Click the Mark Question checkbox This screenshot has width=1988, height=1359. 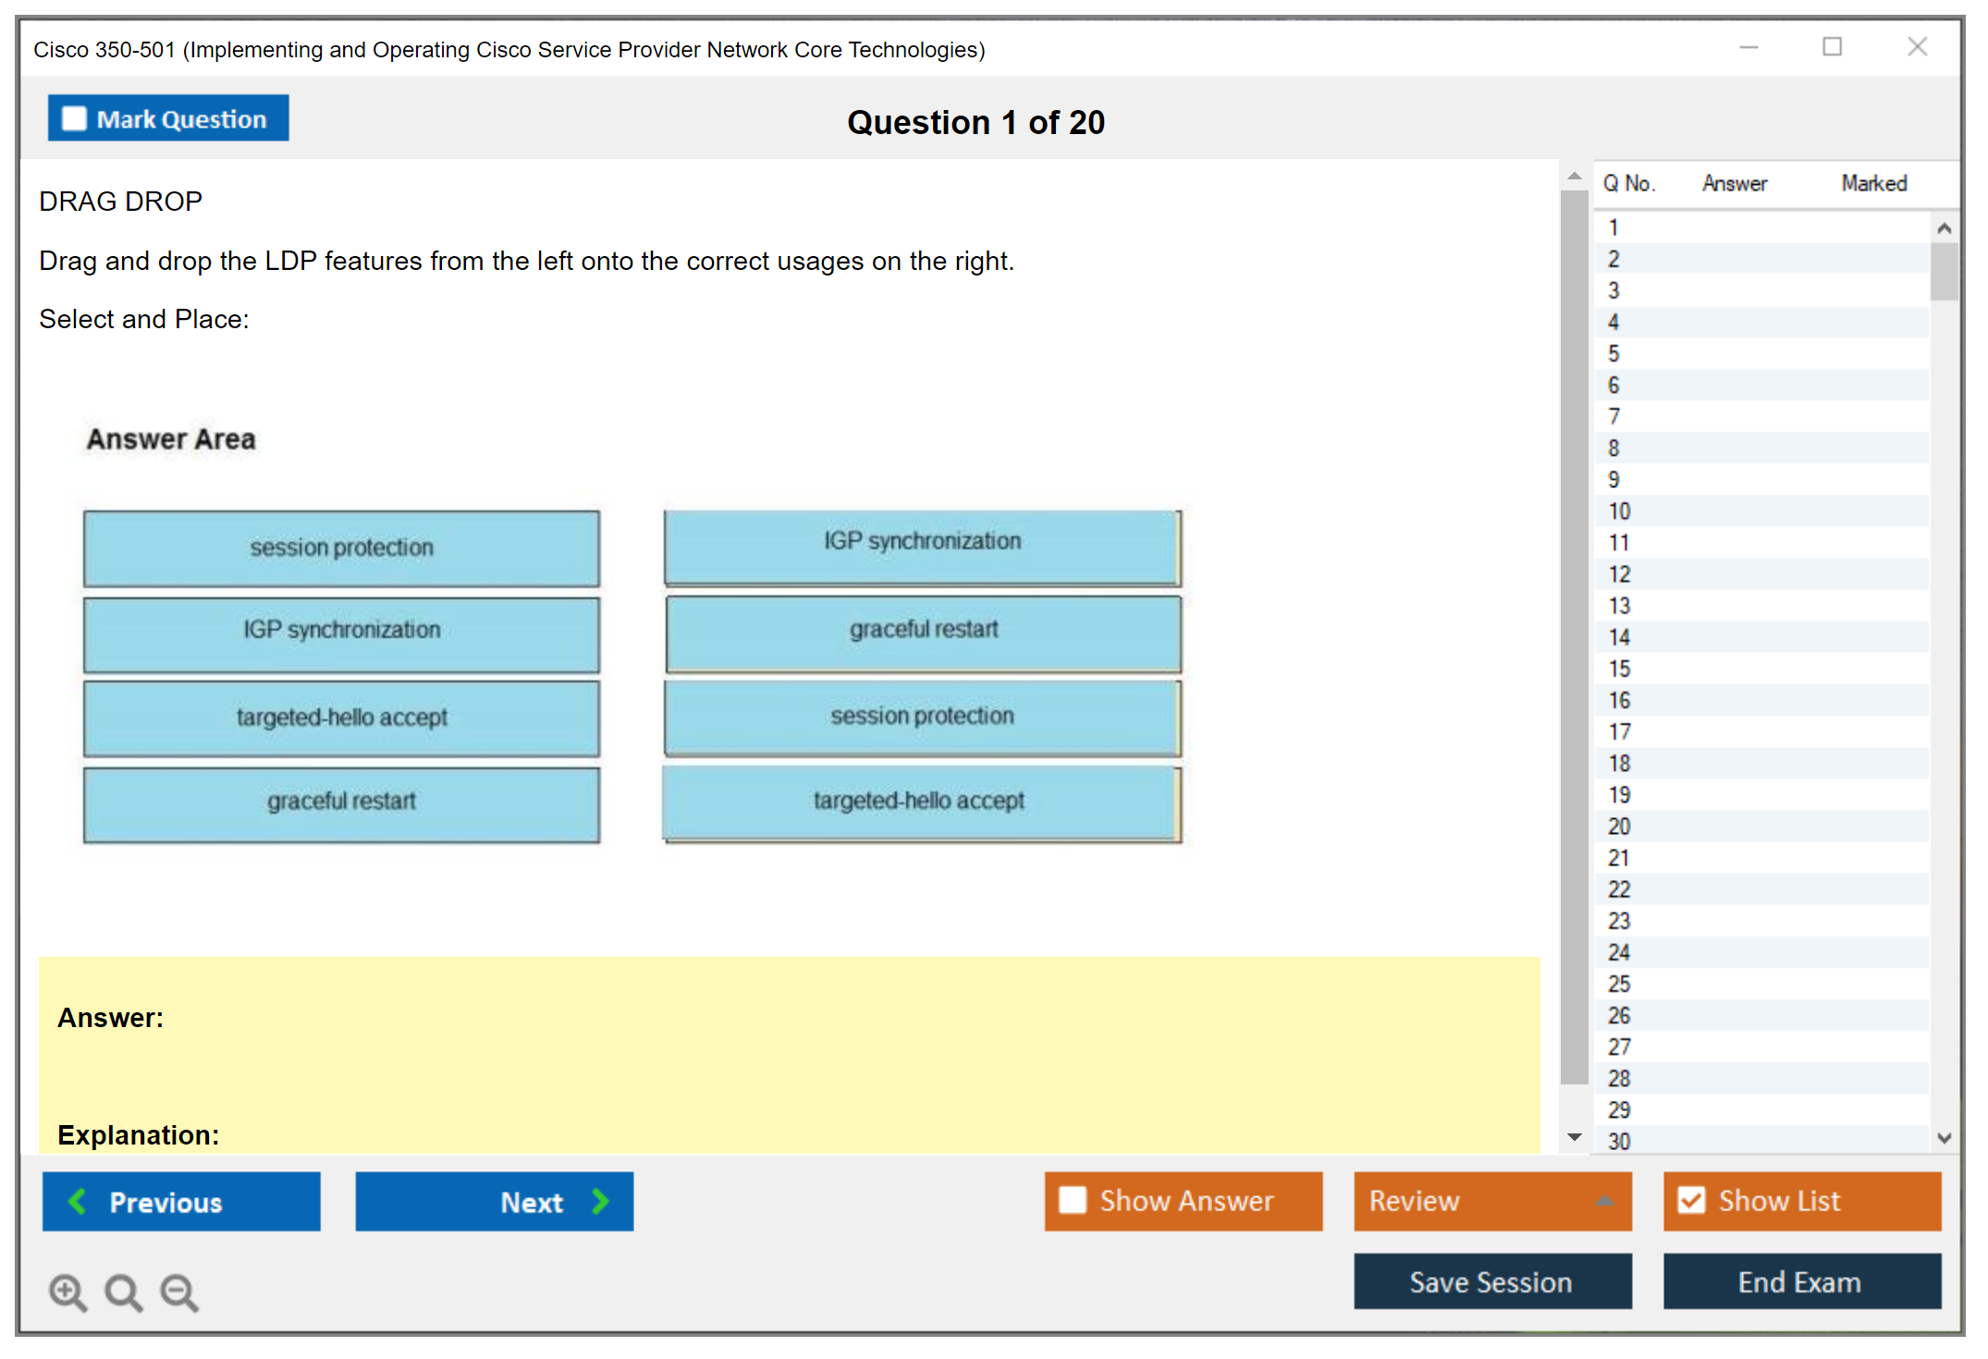74,119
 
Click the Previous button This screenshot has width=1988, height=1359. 181,1201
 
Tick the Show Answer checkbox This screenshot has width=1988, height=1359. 1073,1200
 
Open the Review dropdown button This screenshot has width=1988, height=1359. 1492,1201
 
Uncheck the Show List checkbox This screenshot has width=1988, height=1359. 1691,1200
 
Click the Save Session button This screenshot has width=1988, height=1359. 1492,1281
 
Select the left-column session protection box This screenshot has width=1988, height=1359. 341,548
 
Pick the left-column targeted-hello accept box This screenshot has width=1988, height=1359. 341,718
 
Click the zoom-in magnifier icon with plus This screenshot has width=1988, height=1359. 68,1292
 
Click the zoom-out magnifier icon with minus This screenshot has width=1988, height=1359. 179,1292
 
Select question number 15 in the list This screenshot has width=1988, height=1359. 1619,668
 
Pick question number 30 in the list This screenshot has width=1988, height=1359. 1619,1141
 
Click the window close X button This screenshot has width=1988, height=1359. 1918,46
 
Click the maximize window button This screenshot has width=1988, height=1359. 1833,46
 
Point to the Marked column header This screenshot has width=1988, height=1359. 1874,183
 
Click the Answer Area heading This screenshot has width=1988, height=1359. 171,439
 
